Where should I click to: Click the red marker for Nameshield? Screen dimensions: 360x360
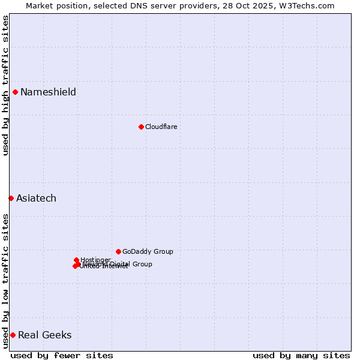pyautogui.click(x=15, y=92)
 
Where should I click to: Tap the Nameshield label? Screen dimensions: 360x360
pyautogui.click(x=48, y=92)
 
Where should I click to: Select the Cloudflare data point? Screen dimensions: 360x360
pyautogui.click(x=141, y=127)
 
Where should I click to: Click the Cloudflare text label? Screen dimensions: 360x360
pyautogui.click(x=161, y=127)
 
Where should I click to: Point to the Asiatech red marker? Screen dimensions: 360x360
pyautogui.click(x=11, y=198)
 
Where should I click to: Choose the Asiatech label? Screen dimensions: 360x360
pyautogui.click(x=36, y=198)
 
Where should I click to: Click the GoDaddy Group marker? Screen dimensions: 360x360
pyautogui.click(x=118, y=251)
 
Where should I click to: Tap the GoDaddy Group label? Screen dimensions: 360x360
pyautogui.click(x=148, y=251)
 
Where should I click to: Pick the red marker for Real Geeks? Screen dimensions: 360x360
pyautogui.click(x=13, y=335)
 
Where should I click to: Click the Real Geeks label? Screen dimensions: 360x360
pyautogui.click(x=44, y=335)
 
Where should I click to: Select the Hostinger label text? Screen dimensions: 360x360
pyautogui.click(x=95, y=259)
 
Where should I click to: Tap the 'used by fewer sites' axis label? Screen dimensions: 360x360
pyautogui.click(x=62, y=355)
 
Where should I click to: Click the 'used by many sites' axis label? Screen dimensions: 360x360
pyautogui.click(x=301, y=355)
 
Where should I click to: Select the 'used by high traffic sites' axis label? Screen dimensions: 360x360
pyautogui.click(x=5, y=85)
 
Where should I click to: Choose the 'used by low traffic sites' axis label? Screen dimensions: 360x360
pyautogui.click(x=5, y=281)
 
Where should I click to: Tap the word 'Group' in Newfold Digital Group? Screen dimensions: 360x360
pyautogui.click(x=142, y=264)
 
